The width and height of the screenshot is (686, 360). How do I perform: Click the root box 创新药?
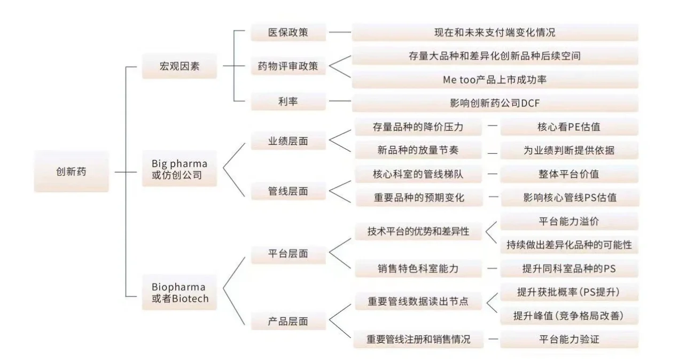tap(71, 172)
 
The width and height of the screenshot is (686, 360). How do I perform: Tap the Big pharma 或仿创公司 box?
tap(179, 169)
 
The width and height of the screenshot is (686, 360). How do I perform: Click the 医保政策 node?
tap(288, 32)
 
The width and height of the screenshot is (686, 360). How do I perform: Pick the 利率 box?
tap(288, 101)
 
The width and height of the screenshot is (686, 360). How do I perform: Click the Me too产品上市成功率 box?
tap(494, 80)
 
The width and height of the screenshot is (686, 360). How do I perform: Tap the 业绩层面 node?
tap(288, 141)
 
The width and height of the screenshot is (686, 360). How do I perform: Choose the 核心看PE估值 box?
tap(569, 128)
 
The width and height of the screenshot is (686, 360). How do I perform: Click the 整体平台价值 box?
tap(569, 175)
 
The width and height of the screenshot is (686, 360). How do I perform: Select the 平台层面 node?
tap(288, 254)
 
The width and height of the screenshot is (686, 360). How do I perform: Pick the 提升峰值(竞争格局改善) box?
tap(569, 316)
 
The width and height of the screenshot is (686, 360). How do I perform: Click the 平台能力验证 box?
tap(569, 339)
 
